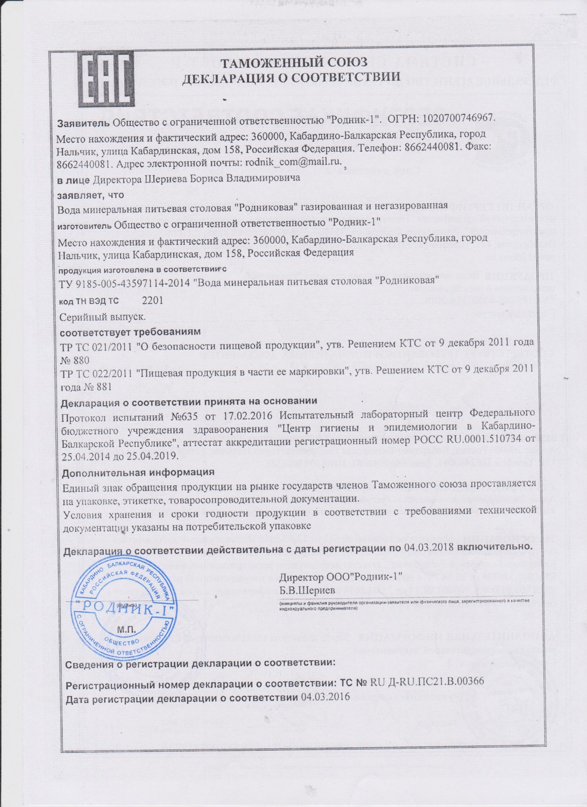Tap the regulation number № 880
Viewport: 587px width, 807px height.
75,359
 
